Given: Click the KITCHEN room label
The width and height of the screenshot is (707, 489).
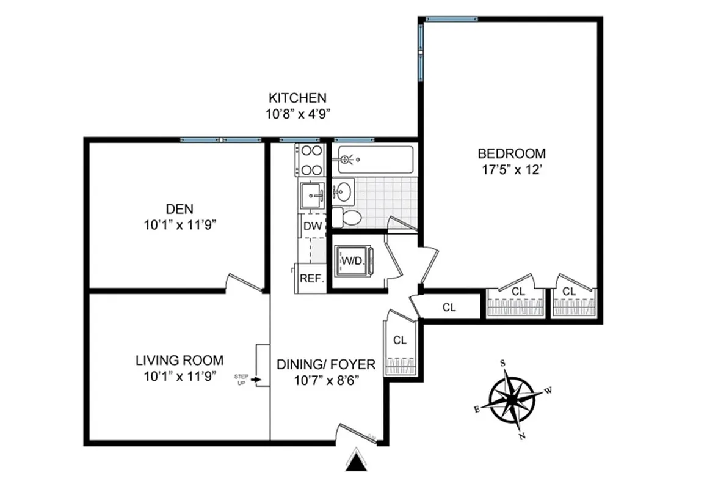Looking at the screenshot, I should (297, 98).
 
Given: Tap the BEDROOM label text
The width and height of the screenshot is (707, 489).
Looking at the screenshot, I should (512, 153).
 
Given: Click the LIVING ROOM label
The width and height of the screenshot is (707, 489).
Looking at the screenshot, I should (179, 361).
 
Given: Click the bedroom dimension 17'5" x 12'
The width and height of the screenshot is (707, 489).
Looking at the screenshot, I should (512, 171).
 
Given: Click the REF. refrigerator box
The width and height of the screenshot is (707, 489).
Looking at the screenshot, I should (311, 276).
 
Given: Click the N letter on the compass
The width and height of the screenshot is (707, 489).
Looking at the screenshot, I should (522, 436).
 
